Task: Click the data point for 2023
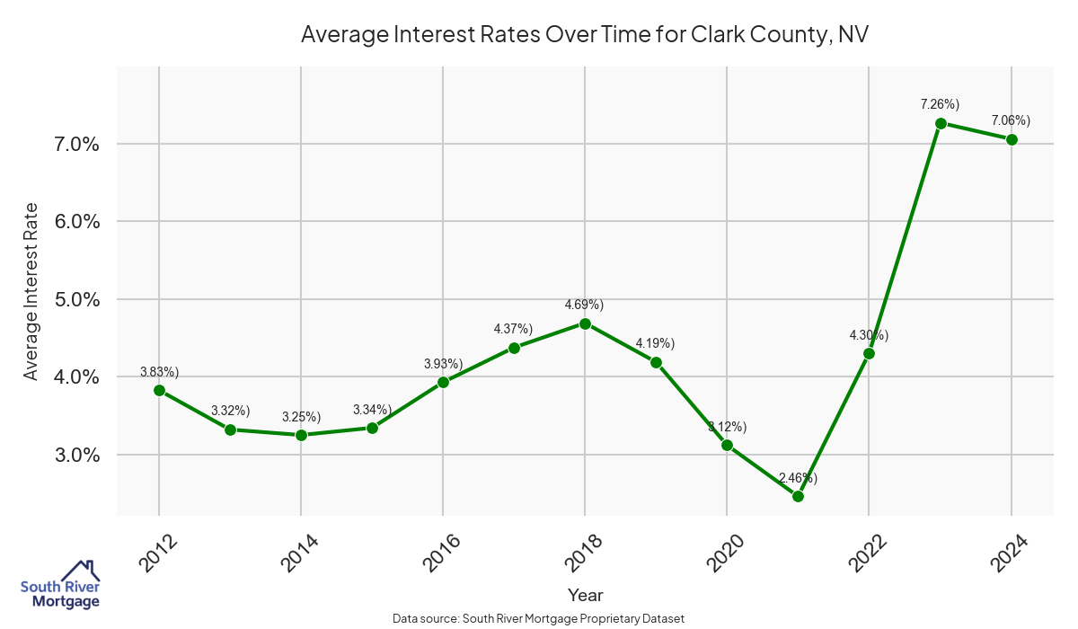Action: click(941, 123)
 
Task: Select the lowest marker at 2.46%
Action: click(798, 496)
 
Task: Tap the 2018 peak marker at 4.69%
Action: click(585, 323)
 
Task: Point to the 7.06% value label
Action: click(1011, 120)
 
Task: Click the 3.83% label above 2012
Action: click(159, 371)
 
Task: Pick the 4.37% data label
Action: click(513, 329)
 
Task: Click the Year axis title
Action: click(585, 595)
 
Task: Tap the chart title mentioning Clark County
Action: click(585, 34)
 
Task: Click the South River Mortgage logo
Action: click(59, 585)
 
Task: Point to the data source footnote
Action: click(539, 618)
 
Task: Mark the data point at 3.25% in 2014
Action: click(301, 435)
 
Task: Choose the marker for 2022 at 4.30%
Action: click(869, 353)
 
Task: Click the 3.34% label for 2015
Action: click(372, 410)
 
